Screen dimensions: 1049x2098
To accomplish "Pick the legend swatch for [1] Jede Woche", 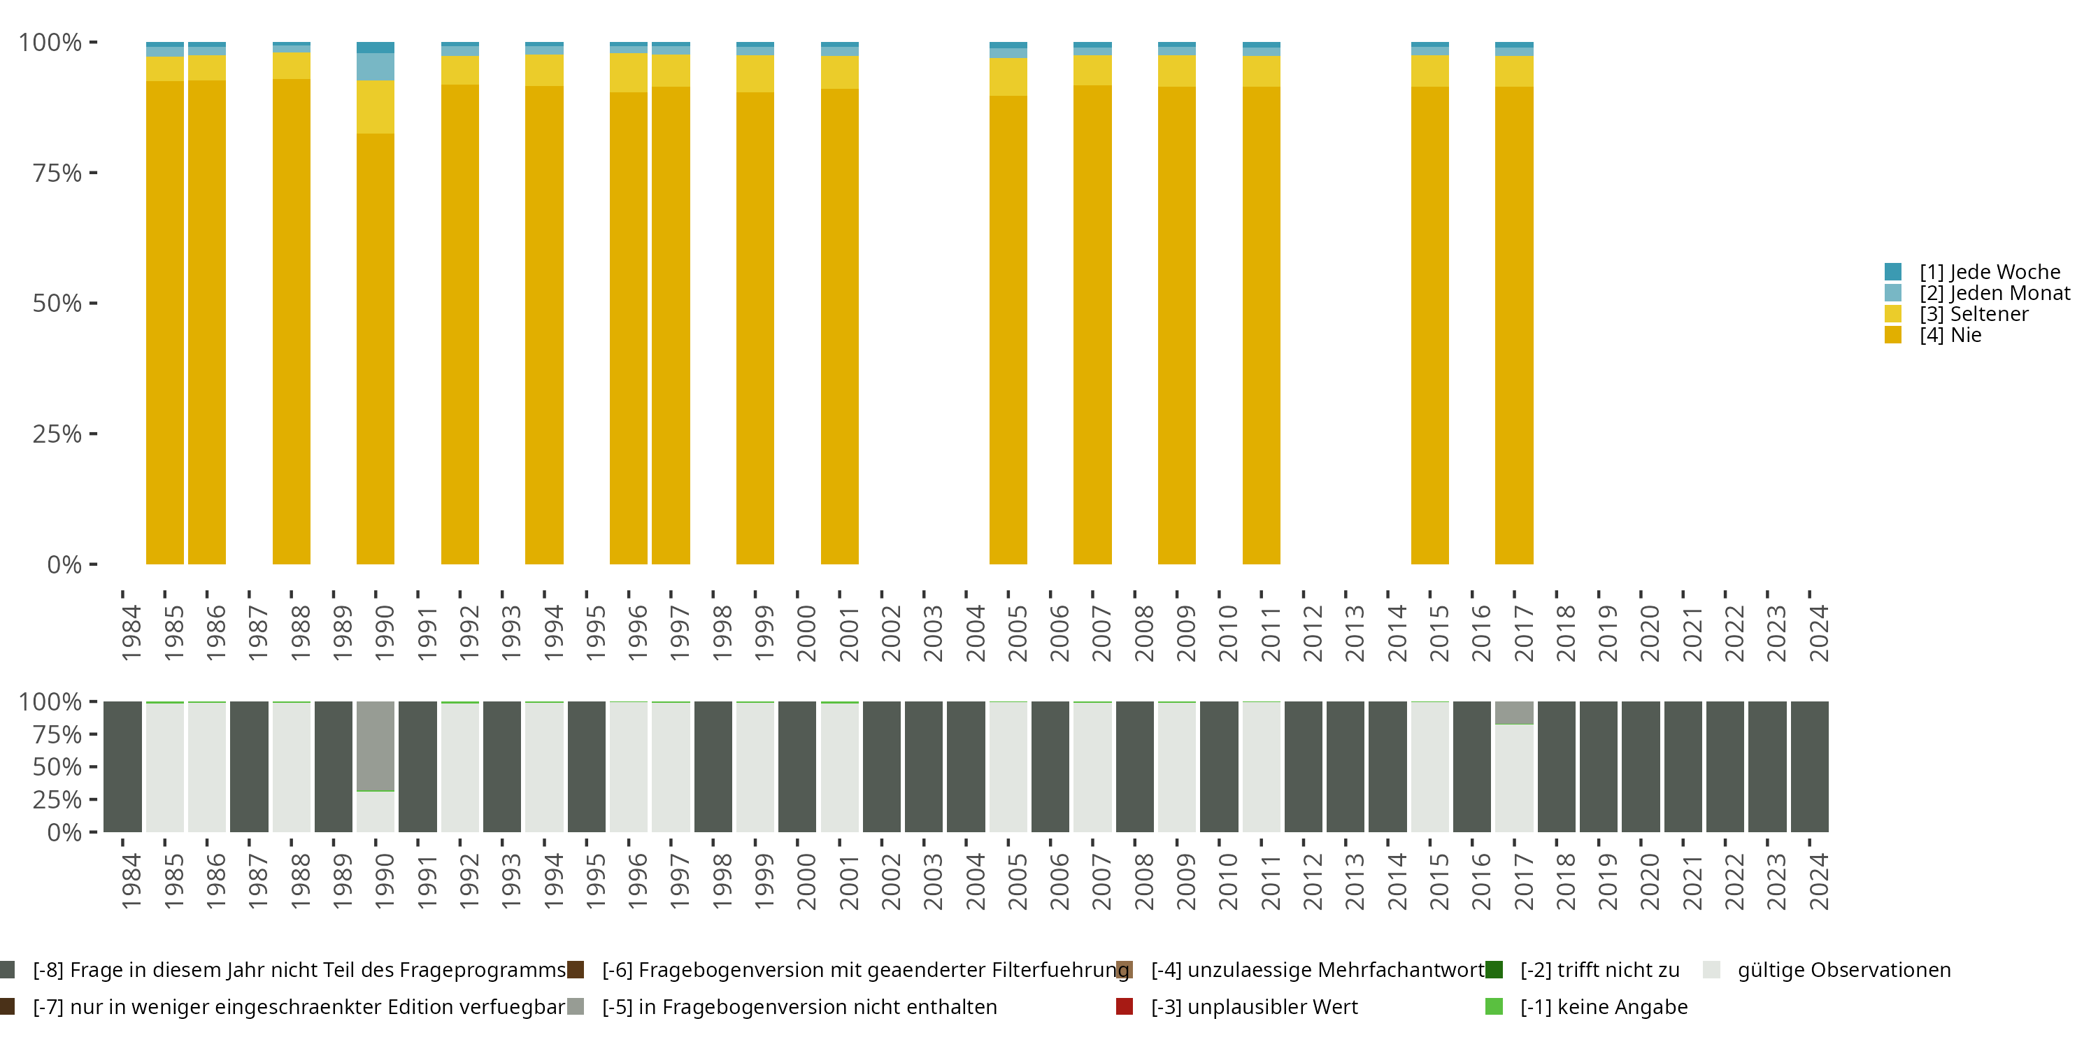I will coord(1893,272).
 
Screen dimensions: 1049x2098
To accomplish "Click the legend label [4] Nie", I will coord(1950,336).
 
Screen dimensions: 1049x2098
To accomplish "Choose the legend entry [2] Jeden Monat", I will coord(1994,293).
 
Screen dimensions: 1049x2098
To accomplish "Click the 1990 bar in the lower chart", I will coord(376,766).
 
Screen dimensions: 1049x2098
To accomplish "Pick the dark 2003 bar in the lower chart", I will coord(924,766).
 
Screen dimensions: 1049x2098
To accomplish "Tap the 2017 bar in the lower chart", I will coord(1514,773).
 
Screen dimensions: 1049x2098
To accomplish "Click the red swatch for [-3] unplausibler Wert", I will coord(1125,1006).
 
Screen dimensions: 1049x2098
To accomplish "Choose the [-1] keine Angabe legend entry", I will coord(1603,1006).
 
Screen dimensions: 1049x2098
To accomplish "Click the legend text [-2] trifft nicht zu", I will coord(1599,970).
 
